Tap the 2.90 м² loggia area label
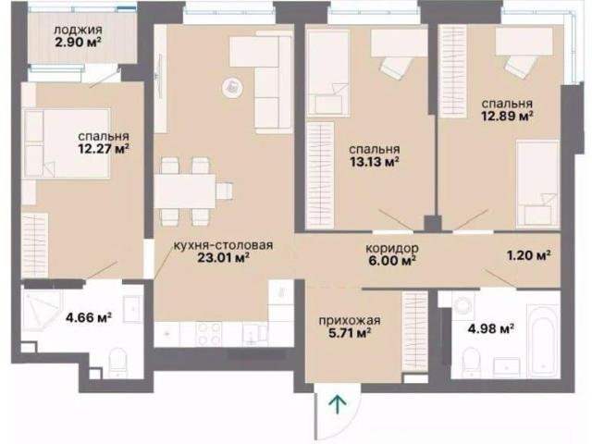pyautogui.click(x=78, y=42)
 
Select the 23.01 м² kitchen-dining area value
pyautogui.click(x=223, y=257)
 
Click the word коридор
pyautogui.click(x=392, y=248)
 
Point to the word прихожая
pyautogui.click(x=350, y=321)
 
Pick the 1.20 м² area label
pyautogui.click(x=528, y=255)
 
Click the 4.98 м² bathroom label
pyautogui.click(x=491, y=329)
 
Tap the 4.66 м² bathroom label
pyautogui.click(x=89, y=317)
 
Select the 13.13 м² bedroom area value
pyautogui.click(x=375, y=162)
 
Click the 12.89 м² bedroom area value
pyautogui.click(x=507, y=116)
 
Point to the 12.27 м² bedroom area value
pyautogui.click(x=104, y=148)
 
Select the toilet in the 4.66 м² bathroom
pyautogui.click(x=117, y=364)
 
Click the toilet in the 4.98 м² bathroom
pyautogui.click(x=471, y=362)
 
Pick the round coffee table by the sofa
pyautogui.click(x=232, y=88)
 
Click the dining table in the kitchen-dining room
pyautogui.click(x=185, y=191)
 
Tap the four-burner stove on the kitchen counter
pyautogui.click(x=208, y=333)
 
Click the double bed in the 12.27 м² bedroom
pyautogui.click(x=66, y=143)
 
